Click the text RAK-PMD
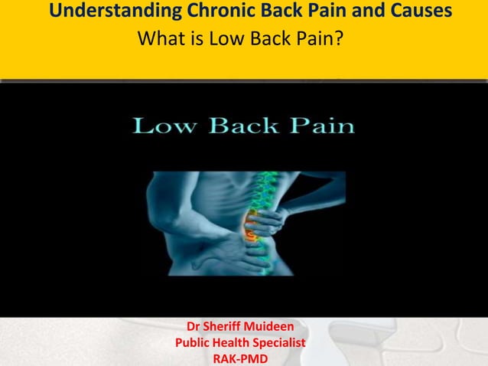(239, 357)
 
